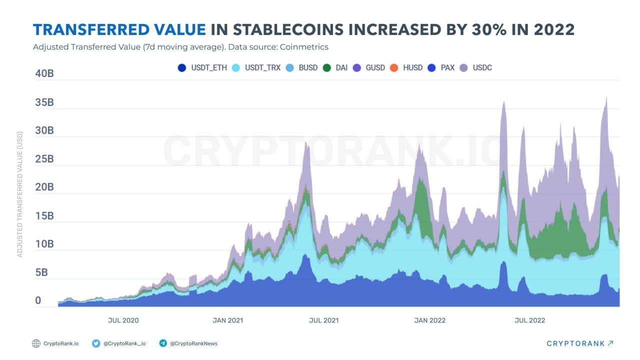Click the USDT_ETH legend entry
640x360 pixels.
202,67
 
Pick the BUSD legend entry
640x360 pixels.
302,67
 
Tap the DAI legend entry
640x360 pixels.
335,67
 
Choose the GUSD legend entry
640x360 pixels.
369,67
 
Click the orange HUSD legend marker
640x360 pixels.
393,67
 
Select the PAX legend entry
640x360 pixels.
441,67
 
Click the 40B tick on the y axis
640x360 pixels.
45,74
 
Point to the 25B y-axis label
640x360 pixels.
45,159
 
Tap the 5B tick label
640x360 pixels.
41,273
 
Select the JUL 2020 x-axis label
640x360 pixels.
123,320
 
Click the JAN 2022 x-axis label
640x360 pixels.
430,320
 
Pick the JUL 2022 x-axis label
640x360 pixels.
530,320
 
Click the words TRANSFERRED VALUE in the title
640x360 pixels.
119,30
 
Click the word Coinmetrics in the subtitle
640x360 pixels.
303,47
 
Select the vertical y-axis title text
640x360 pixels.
20,197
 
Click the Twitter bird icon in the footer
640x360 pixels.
96,343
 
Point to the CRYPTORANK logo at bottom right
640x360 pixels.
579,343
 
